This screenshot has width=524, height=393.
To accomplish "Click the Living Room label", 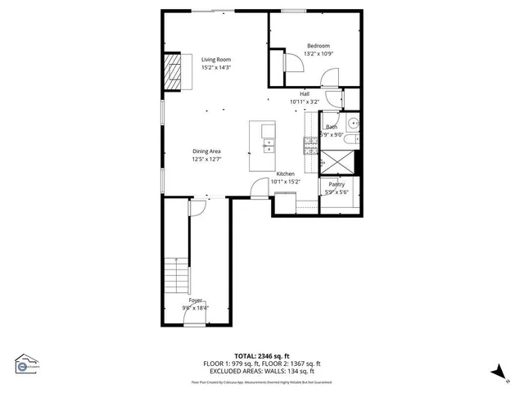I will coord(217,60).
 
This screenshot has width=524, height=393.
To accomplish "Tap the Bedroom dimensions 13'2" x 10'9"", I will coord(318,54).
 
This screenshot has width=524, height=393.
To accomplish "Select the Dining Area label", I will coord(206,151).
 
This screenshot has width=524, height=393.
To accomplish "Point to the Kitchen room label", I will coord(285,174).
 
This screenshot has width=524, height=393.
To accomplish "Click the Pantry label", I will coord(337,184).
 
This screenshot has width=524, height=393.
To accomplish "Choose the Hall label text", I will coord(304,94).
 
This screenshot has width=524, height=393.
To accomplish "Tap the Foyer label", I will coord(196,300).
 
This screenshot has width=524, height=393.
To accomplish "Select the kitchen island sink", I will coord(268,146).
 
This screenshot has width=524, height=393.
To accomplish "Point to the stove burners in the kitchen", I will coord(310,145).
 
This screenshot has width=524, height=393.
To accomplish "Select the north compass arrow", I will coord(496,372).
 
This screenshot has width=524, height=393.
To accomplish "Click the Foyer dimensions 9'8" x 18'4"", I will coord(196,308).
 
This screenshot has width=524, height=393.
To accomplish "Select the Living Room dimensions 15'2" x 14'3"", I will coord(217,67).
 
